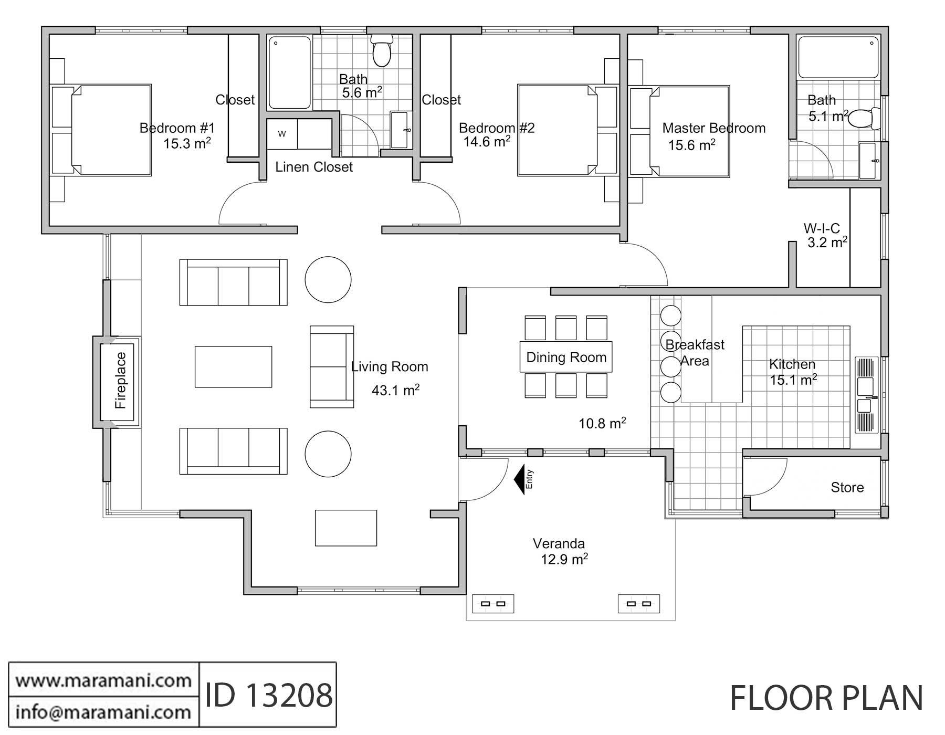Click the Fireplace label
point(121,381)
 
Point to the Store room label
point(847,488)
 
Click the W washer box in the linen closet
point(282,134)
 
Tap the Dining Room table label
point(566,358)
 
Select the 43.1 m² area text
point(395,390)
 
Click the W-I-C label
point(822,229)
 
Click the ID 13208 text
point(268,696)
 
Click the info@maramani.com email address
point(103,712)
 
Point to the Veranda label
point(559,543)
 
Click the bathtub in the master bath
point(838,57)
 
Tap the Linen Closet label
point(314,167)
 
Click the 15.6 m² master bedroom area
point(691,145)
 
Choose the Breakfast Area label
point(695,353)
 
